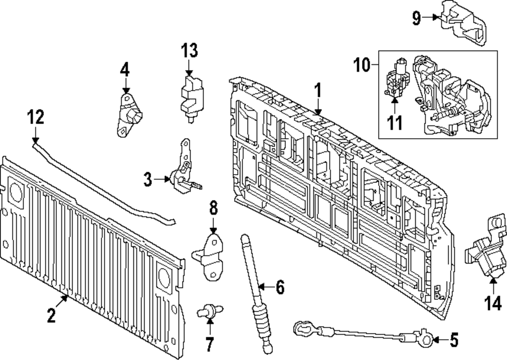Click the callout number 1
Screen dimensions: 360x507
coord(317,92)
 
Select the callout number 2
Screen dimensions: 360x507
coord(51,316)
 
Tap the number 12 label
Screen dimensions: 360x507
coord(35,117)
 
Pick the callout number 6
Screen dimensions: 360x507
coord(279,288)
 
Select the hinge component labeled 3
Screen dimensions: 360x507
coord(185,172)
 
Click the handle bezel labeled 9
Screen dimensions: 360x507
coord(461,23)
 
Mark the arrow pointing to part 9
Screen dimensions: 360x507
coord(432,18)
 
